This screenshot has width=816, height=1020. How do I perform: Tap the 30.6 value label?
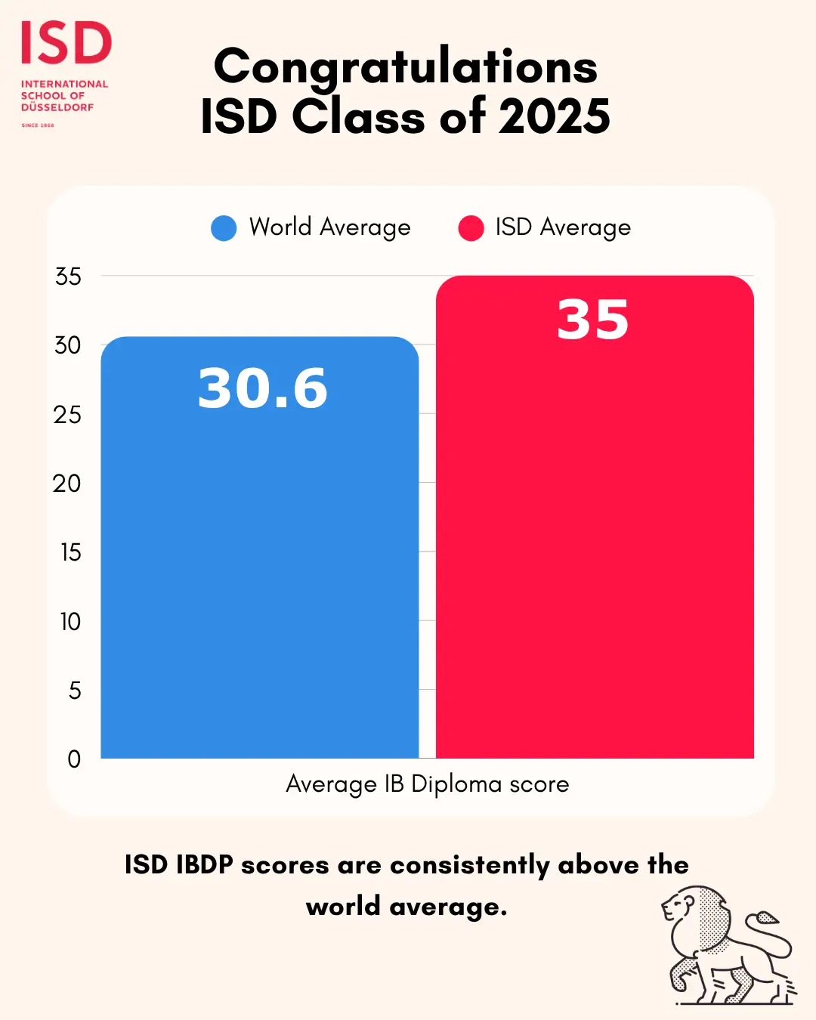pyautogui.click(x=263, y=388)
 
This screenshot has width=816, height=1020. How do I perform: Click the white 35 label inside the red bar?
pyautogui.click(x=593, y=320)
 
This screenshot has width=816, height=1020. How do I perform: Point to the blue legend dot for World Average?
pyautogui.click(x=224, y=228)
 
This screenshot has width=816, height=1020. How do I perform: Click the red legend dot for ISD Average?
pyautogui.click(x=471, y=228)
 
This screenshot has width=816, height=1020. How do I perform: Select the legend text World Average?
pyautogui.click(x=330, y=227)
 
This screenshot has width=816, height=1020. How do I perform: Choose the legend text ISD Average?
pyautogui.click(x=563, y=227)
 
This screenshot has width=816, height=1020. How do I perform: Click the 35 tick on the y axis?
pyautogui.click(x=68, y=277)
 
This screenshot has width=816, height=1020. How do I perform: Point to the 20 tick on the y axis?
pyautogui.click(x=67, y=484)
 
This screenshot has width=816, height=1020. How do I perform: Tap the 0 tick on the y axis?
pyautogui.click(x=74, y=759)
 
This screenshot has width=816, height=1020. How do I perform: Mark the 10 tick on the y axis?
pyautogui.click(x=70, y=622)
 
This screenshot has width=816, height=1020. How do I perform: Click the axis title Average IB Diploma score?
pyautogui.click(x=428, y=784)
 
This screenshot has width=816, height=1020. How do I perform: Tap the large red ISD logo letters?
pyautogui.click(x=66, y=43)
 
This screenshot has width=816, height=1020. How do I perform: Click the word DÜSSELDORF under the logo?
pyautogui.click(x=57, y=107)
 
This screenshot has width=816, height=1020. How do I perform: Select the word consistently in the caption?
pyautogui.click(x=469, y=865)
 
